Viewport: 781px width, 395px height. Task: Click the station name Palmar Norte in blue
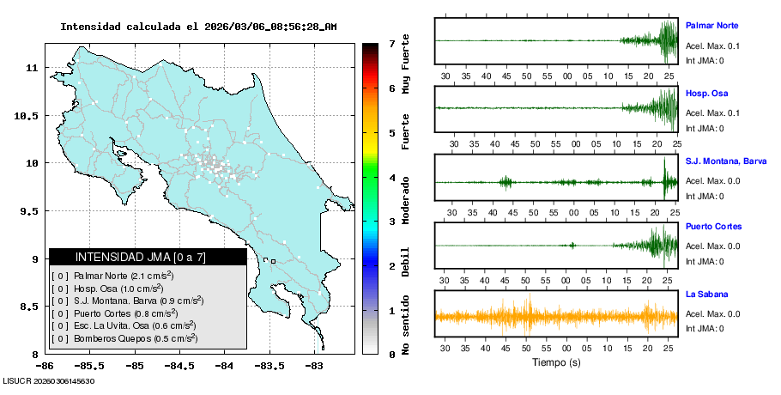[x=712, y=25]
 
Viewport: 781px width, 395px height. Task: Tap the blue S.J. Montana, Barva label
[x=726, y=161]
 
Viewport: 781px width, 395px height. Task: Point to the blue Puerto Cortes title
[x=713, y=227]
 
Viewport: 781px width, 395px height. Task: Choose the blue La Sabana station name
[x=707, y=294]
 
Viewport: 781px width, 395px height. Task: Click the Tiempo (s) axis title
[x=554, y=362]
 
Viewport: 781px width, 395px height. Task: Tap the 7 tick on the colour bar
[x=391, y=43]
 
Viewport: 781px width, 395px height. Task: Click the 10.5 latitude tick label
[x=30, y=115]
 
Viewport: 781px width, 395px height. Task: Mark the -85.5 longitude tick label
[x=91, y=366]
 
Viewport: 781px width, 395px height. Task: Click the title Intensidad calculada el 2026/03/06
[x=198, y=27]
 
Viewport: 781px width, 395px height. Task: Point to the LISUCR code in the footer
[x=48, y=380]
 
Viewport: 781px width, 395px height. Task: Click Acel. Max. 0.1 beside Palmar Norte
[x=712, y=46]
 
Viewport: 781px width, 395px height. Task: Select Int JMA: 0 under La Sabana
[x=705, y=328]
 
